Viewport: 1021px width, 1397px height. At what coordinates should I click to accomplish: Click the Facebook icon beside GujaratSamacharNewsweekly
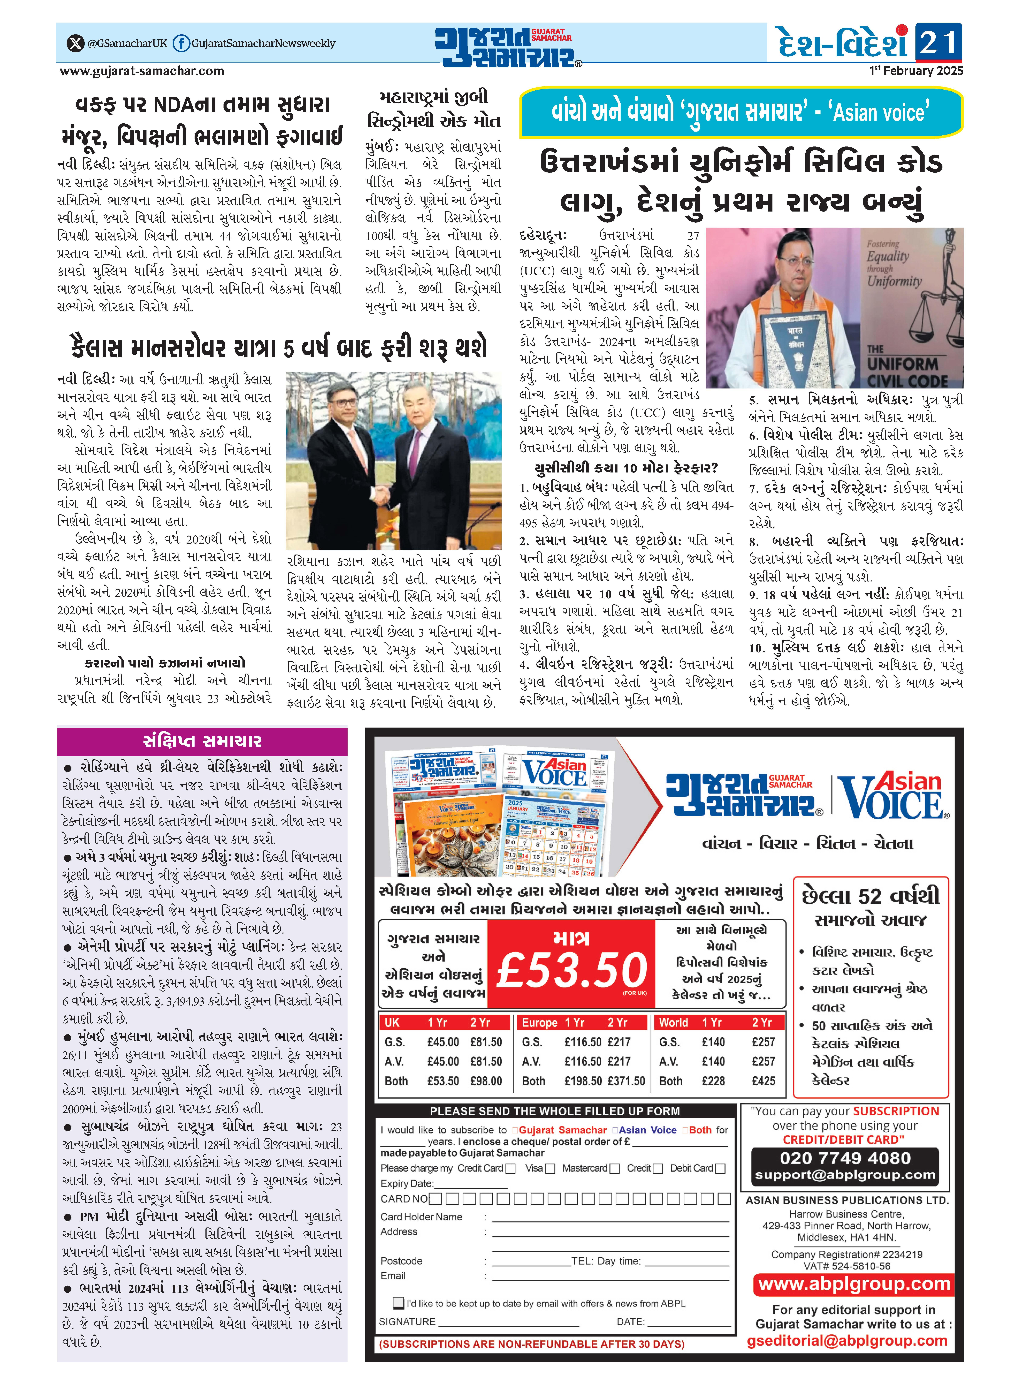pyautogui.click(x=180, y=43)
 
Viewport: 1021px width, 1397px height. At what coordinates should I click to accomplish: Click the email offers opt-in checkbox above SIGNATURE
pyautogui.click(x=399, y=1303)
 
